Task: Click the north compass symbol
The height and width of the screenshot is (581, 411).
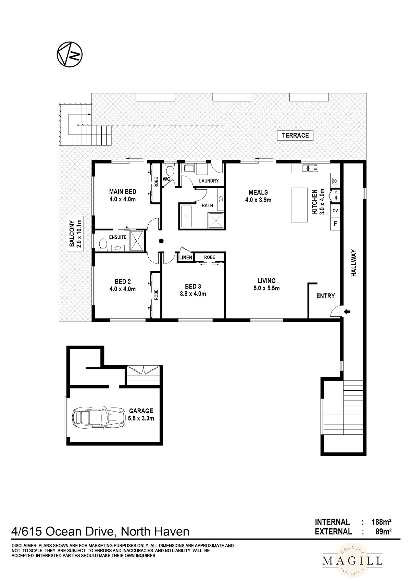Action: coord(70,54)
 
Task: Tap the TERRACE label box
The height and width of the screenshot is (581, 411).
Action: coord(295,135)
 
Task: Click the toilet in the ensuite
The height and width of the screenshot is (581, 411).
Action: coord(103,244)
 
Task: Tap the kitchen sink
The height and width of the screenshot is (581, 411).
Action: coord(310,168)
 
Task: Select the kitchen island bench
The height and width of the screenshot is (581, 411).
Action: coord(299,205)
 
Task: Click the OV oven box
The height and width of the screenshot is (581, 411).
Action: coord(335,211)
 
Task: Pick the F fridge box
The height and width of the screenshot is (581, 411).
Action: coord(335,224)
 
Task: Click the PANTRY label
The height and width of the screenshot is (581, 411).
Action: coord(336,196)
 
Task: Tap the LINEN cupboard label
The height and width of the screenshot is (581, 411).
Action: coord(186,257)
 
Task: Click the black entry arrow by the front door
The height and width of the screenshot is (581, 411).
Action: coord(347,312)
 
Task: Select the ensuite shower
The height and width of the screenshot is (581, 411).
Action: coord(136,241)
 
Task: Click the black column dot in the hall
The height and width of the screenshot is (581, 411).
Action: coord(161,241)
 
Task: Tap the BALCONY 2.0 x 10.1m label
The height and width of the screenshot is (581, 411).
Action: coord(75,233)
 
